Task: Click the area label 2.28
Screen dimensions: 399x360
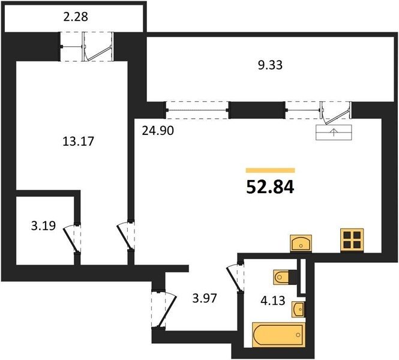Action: (x=76, y=17)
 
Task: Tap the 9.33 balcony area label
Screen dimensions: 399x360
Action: (x=270, y=65)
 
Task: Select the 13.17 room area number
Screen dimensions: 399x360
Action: (x=78, y=141)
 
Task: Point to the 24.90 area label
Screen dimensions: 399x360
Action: (x=158, y=131)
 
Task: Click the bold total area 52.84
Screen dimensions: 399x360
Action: (x=270, y=187)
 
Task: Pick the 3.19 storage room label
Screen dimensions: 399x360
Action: (x=43, y=226)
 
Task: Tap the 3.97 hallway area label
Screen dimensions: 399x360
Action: (x=205, y=298)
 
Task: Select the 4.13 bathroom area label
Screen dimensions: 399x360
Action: (x=273, y=301)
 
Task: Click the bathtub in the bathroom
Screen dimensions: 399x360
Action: (x=278, y=335)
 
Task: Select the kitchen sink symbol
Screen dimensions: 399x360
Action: (x=301, y=244)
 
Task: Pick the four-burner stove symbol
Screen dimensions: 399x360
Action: (x=352, y=241)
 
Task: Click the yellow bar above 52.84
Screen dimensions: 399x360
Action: (x=270, y=170)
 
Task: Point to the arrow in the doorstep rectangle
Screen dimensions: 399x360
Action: (x=334, y=133)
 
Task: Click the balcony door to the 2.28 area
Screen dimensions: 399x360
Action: (x=98, y=47)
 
